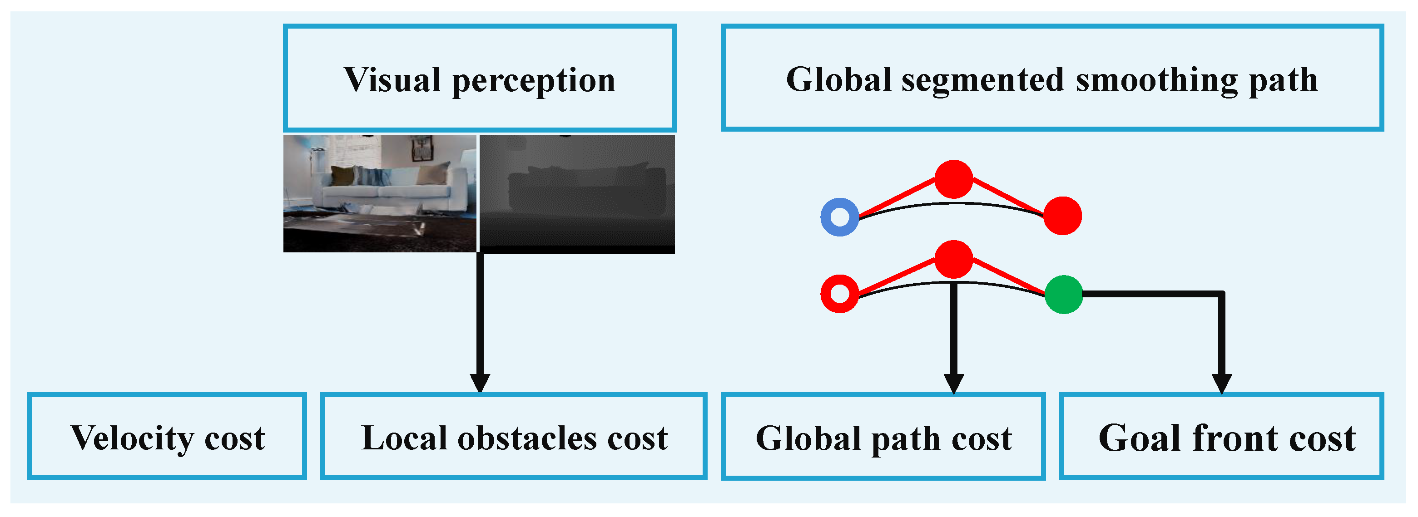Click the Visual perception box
[x=480, y=78]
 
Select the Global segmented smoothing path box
[x=1052, y=78]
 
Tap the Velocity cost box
[x=167, y=437]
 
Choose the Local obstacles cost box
[x=514, y=437]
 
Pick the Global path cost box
[x=883, y=437]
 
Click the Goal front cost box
[x=1221, y=437]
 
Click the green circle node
[x=1064, y=295]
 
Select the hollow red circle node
[x=839, y=294]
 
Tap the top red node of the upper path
[x=954, y=179]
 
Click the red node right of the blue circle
[x=1062, y=216]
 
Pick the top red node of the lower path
[x=954, y=259]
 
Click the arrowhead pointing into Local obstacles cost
[x=480, y=383]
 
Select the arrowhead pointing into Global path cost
[x=954, y=383]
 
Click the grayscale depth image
[x=577, y=194]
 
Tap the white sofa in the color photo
[x=385, y=190]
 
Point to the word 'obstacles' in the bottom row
[x=527, y=438]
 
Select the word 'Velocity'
[x=132, y=438]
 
